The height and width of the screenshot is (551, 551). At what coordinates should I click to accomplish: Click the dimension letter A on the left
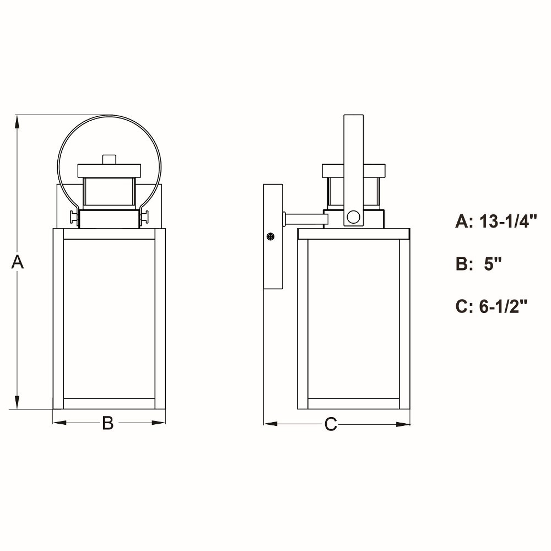[x=18, y=262]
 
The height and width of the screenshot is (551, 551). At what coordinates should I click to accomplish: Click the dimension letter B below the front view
[x=108, y=423]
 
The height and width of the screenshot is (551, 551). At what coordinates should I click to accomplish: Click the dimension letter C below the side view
[x=330, y=424]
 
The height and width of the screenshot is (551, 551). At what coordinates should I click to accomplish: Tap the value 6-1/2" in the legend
[x=503, y=306]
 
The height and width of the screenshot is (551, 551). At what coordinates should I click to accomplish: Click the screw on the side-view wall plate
[x=270, y=236]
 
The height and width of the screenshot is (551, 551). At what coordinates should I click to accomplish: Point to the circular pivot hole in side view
[x=353, y=217]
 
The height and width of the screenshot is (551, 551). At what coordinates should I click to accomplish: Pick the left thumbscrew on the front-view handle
[x=73, y=218]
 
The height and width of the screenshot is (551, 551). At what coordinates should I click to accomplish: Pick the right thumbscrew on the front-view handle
[x=145, y=218]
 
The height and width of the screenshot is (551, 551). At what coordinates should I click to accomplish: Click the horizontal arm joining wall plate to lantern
[x=305, y=219]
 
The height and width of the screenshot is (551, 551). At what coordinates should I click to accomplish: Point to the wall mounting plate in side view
[x=273, y=237]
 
